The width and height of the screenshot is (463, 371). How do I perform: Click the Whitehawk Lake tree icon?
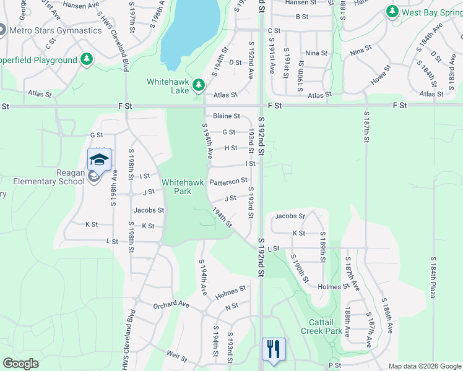[198, 84]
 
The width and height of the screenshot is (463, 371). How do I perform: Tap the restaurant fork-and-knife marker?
[272, 348]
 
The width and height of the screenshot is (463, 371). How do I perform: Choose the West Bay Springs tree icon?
[391, 12]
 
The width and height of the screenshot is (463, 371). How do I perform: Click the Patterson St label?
[228, 181]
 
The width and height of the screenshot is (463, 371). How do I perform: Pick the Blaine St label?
[227, 116]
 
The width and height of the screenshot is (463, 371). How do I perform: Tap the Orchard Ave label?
[171, 305]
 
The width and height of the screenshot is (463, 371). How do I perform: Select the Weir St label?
[177, 356]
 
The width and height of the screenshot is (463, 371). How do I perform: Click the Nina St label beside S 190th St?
[316, 53]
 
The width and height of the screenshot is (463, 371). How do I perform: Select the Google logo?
[21, 364]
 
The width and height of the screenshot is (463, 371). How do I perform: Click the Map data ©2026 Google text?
[424, 366]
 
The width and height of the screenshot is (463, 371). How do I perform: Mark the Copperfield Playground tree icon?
[87, 59]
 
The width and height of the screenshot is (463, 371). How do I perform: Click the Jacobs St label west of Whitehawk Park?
[149, 210]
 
